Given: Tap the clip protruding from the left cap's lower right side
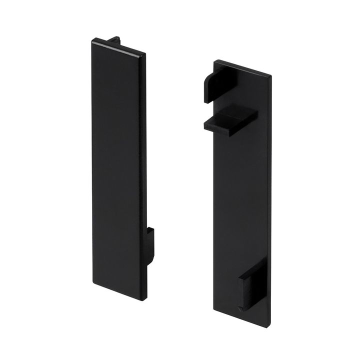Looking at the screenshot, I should click(x=150, y=245).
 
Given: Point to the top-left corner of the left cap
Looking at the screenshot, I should click(x=91, y=40).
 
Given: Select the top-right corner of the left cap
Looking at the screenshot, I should click(x=146, y=52).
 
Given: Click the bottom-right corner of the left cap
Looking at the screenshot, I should click(x=145, y=299).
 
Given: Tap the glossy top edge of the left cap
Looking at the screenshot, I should click(x=119, y=45).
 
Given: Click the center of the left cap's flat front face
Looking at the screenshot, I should click(x=118, y=170).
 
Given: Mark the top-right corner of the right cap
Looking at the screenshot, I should click(x=270, y=75).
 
